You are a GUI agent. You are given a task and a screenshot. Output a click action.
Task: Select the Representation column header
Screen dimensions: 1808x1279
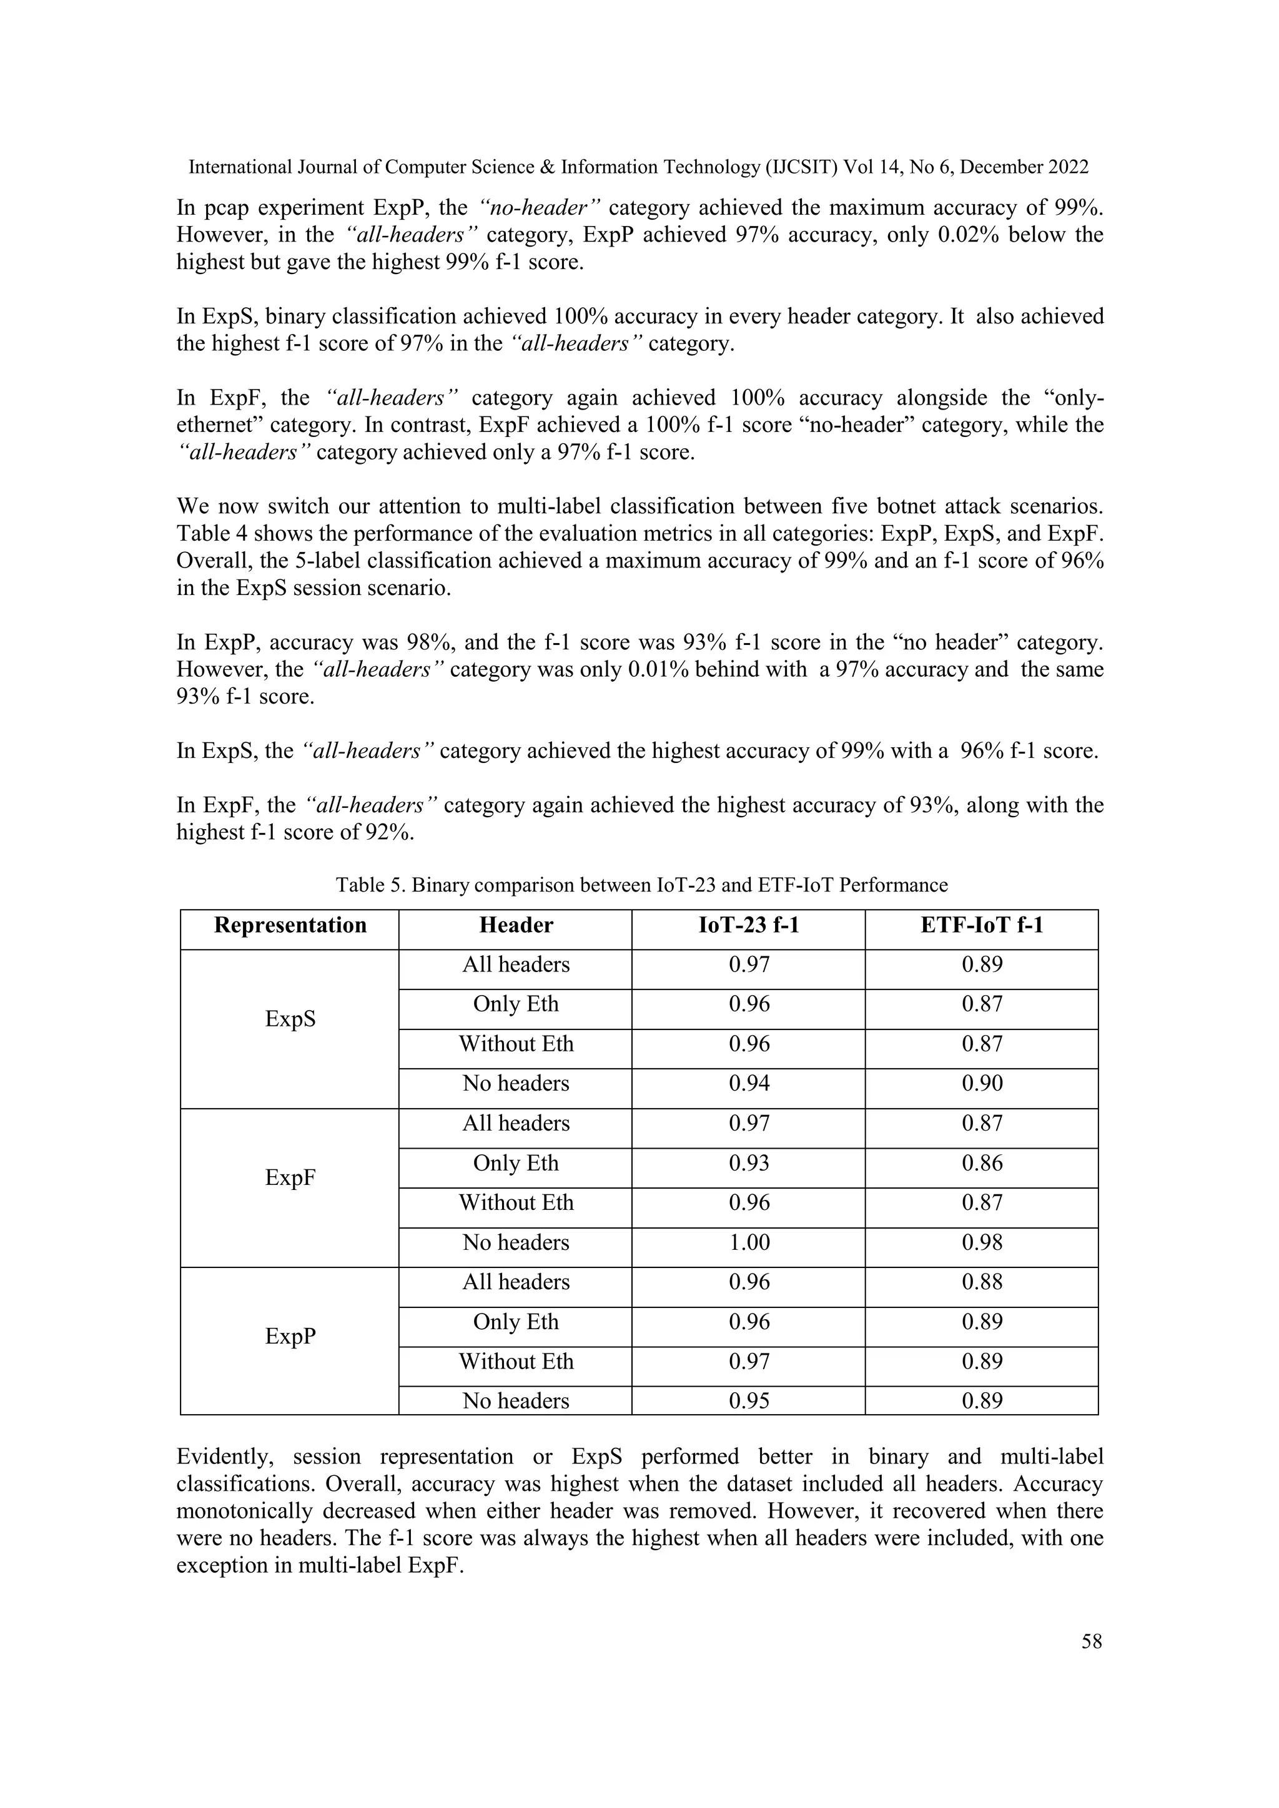click(290, 925)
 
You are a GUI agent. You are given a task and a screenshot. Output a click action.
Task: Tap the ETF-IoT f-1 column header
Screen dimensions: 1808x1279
click(981, 925)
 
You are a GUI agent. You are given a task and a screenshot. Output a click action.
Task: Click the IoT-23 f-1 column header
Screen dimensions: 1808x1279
click(748, 925)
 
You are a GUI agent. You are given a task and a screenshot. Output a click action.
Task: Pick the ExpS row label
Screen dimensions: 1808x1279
click(290, 1019)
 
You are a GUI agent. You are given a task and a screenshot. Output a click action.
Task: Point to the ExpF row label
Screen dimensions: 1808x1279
click(290, 1178)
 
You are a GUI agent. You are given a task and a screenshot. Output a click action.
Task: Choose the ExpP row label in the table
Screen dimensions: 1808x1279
click(290, 1336)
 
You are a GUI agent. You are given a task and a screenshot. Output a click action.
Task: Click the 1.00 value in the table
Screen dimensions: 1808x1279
click(748, 1242)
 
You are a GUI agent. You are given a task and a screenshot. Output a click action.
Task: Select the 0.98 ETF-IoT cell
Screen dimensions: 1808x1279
click(981, 1242)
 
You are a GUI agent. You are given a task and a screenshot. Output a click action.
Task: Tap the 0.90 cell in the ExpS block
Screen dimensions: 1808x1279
click(981, 1084)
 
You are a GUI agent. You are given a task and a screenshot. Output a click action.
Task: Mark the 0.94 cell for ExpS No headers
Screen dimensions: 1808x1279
click(748, 1084)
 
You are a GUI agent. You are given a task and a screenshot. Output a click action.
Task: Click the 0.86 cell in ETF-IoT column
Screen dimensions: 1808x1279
click(981, 1163)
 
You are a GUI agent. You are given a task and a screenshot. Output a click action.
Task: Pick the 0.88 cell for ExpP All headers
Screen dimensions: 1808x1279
click(981, 1282)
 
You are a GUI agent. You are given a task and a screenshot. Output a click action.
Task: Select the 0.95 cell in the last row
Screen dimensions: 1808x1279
click(748, 1401)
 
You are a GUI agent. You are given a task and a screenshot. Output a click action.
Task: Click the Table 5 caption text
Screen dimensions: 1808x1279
click(641, 885)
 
